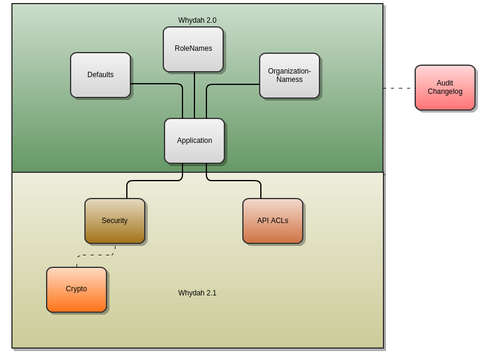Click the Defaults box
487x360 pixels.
tap(101, 75)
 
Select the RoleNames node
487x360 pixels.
tap(193, 49)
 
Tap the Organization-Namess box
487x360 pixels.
tap(290, 75)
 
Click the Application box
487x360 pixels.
tap(194, 141)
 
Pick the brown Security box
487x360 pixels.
tap(115, 221)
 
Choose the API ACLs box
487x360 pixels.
tap(273, 221)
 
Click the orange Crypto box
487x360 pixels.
tap(77, 289)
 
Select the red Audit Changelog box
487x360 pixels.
tap(445, 87)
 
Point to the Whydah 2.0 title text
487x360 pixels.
tap(197, 20)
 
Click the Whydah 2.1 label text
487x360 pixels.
tap(197, 293)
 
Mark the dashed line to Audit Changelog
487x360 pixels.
tap(398, 88)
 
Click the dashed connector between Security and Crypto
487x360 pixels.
tap(96, 255)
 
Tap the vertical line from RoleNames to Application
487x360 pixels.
tap(194, 96)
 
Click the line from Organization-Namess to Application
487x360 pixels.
tap(233, 84)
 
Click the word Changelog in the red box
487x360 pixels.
tap(445, 91)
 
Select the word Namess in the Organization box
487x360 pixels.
tap(290, 80)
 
